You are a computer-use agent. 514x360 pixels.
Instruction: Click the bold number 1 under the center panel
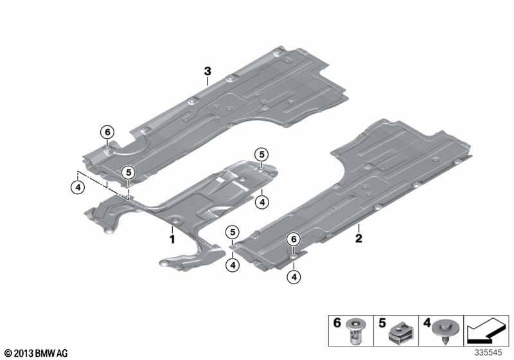click(x=172, y=239)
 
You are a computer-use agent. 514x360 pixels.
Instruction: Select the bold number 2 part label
click(x=359, y=238)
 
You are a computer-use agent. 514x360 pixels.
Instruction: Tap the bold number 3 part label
click(x=208, y=71)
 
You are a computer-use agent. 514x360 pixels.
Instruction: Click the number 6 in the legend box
click(x=337, y=323)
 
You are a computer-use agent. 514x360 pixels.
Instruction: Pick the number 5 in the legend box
click(x=382, y=323)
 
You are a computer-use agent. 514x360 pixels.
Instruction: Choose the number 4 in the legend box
click(x=427, y=323)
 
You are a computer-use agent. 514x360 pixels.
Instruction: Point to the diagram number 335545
click(x=488, y=352)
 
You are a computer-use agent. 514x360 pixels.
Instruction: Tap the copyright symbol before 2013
click(x=8, y=354)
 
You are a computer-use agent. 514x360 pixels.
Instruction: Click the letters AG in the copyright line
click(x=63, y=354)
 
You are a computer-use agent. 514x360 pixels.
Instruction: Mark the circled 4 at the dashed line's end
click(x=78, y=188)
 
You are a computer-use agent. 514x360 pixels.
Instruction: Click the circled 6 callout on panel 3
click(x=107, y=132)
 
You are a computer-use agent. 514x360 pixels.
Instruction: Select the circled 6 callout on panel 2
click(x=294, y=239)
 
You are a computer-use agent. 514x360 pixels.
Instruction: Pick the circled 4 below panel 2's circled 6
click(x=294, y=277)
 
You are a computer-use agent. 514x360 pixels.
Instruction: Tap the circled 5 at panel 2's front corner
click(x=233, y=233)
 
